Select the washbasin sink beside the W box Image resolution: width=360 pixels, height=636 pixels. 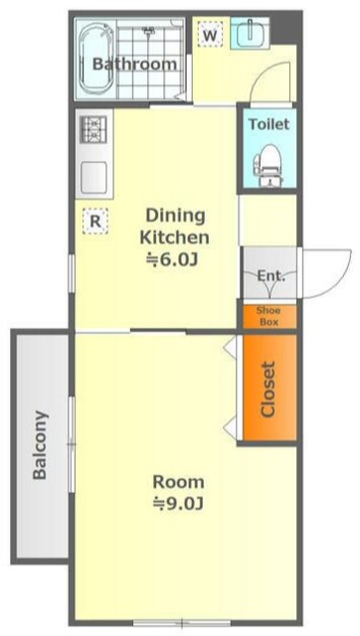pyautogui.click(x=250, y=33)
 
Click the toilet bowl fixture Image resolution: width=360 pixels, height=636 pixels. pyautogui.click(x=268, y=166)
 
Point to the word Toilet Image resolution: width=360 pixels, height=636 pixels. pyautogui.click(x=270, y=123)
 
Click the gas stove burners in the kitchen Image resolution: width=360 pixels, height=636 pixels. pyautogui.click(x=93, y=129)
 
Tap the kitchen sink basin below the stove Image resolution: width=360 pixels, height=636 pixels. pyautogui.click(x=93, y=177)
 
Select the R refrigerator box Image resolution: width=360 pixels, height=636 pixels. pyautogui.click(x=94, y=221)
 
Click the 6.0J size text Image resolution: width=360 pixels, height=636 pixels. pyautogui.click(x=172, y=260)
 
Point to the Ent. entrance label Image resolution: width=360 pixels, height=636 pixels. pyautogui.click(x=271, y=276)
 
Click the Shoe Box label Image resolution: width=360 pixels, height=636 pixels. pyautogui.click(x=269, y=316)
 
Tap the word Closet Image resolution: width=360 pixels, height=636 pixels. pyautogui.click(x=269, y=390)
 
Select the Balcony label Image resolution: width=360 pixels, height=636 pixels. pyautogui.click(x=40, y=445)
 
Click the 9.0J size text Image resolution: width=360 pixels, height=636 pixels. pyautogui.click(x=178, y=504)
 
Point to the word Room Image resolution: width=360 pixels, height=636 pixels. pyautogui.click(x=178, y=482)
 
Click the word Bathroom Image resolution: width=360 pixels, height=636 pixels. pyautogui.click(x=134, y=64)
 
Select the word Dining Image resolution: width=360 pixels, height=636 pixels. pyautogui.click(x=175, y=217)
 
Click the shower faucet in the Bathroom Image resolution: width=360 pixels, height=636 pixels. pyautogui.click(x=148, y=30)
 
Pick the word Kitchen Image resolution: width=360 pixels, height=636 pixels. pyautogui.click(x=174, y=238)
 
